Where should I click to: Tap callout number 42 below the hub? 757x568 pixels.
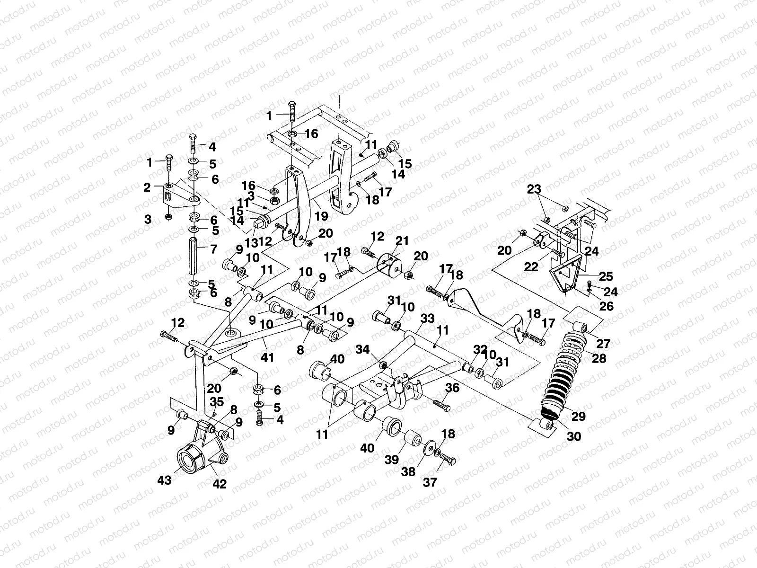(220, 484)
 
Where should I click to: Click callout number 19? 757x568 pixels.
(322, 216)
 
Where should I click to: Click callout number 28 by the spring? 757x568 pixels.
(599, 358)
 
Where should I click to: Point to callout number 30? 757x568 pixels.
(573, 437)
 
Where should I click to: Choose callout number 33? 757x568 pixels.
(427, 320)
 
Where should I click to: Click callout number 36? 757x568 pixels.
(452, 388)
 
